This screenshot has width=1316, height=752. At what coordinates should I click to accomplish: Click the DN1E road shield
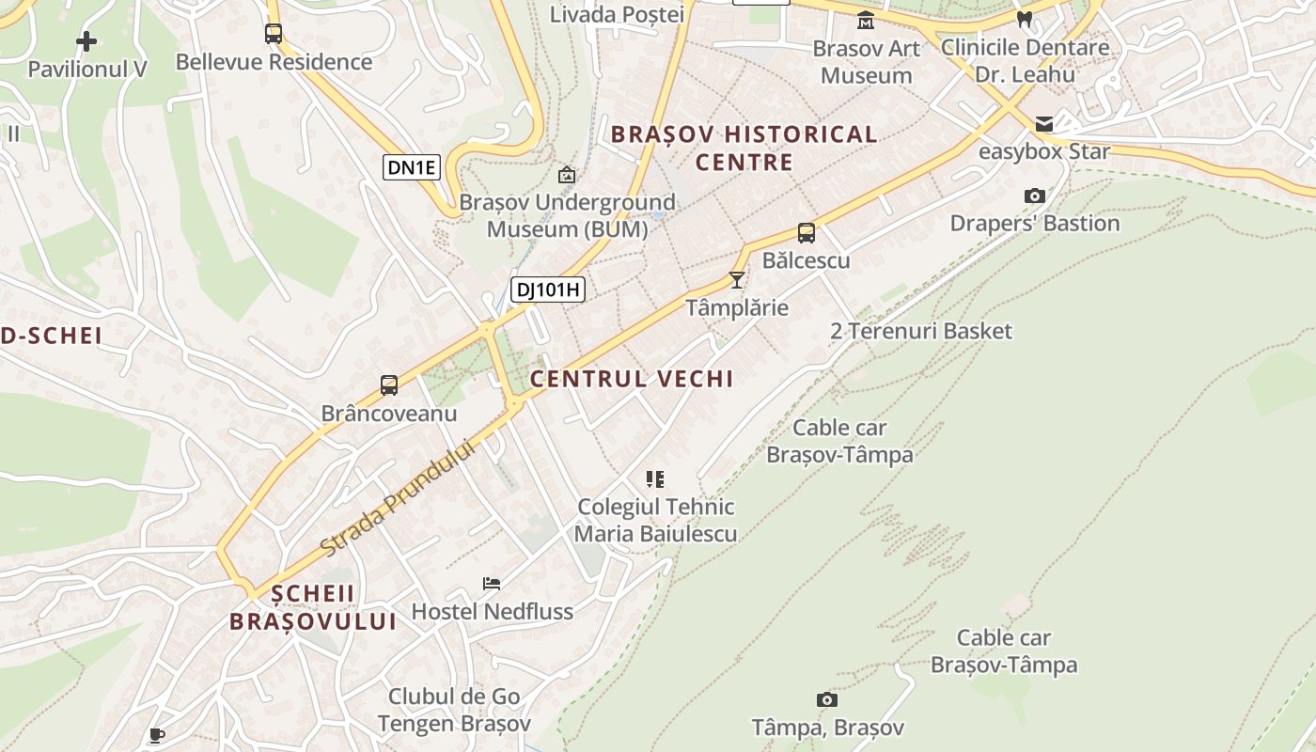pyautogui.click(x=412, y=168)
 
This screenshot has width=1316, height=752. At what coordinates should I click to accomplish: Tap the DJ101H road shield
pyautogui.click(x=548, y=290)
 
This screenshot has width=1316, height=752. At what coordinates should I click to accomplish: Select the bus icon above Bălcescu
pyautogui.click(x=806, y=233)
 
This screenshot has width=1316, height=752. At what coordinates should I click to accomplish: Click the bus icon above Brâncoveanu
pyautogui.click(x=389, y=384)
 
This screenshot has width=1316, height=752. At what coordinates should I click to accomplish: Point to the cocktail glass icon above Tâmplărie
pyautogui.click(x=737, y=279)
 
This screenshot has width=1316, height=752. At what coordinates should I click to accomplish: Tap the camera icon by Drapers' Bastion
pyautogui.click(x=1035, y=196)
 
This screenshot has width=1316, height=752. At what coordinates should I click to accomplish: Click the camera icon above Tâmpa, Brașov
pyautogui.click(x=827, y=699)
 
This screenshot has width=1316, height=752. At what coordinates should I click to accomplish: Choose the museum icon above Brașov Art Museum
pyautogui.click(x=866, y=20)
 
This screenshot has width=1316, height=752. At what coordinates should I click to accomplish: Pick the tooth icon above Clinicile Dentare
pyautogui.click(x=1025, y=19)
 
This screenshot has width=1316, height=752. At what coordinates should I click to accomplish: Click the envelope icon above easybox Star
pyautogui.click(x=1044, y=124)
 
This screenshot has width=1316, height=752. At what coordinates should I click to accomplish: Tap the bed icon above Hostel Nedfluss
pyautogui.click(x=492, y=584)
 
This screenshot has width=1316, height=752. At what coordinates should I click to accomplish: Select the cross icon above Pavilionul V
pyautogui.click(x=86, y=41)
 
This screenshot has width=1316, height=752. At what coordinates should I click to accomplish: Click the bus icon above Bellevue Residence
pyautogui.click(x=274, y=34)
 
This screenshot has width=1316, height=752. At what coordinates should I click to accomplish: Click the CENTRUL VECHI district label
pyautogui.click(x=631, y=379)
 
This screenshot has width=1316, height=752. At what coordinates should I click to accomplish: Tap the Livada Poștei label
pyautogui.click(x=617, y=14)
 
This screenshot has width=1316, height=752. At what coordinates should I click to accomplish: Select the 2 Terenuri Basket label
pyautogui.click(x=921, y=331)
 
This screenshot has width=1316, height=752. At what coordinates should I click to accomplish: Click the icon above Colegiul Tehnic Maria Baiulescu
pyautogui.click(x=655, y=479)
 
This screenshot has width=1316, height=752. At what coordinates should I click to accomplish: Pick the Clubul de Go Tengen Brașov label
pyautogui.click(x=454, y=710)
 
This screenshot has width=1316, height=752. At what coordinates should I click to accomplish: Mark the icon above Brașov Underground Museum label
pyautogui.click(x=567, y=175)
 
